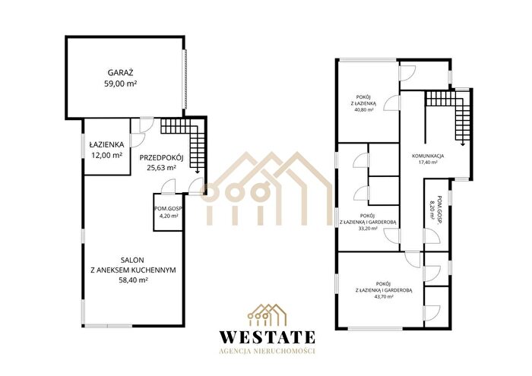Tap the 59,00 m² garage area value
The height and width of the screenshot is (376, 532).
tap(120, 84)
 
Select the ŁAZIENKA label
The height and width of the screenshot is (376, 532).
tap(106, 144)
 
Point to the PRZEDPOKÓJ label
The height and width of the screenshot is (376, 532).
tap(161, 157)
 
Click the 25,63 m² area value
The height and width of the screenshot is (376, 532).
tap(161, 167)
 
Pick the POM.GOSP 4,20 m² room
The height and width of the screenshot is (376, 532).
tap(168, 212)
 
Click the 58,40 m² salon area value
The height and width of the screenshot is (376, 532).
tap(133, 280)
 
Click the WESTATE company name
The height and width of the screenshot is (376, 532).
tap(268, 337)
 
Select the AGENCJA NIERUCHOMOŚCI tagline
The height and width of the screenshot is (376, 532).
tap(268, 351)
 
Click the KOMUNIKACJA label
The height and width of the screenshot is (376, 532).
tap(428, 156)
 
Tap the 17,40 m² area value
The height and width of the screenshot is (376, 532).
tap(428, 163)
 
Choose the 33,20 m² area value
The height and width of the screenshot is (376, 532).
tap(368, 229)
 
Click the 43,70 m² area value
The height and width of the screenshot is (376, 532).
tap(384, 296)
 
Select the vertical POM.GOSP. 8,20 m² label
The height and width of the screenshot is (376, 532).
tap(435, 208)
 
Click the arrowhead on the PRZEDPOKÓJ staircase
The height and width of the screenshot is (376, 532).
tap(197, 172)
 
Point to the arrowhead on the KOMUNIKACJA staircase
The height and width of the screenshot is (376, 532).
tap(462, 144)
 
